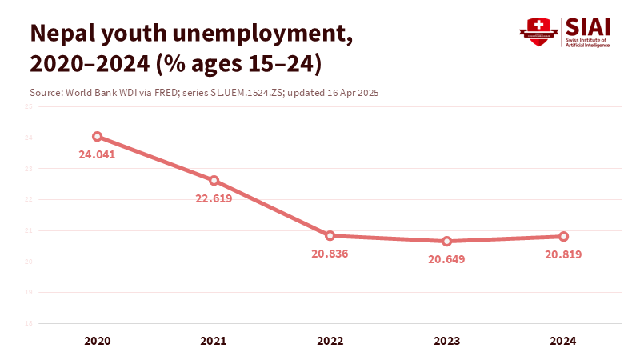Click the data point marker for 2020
(97, 137)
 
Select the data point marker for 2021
(214, 181)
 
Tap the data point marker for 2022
(330, 236)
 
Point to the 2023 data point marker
(446, 242)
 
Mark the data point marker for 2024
(563, 237)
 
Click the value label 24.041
(97, 155)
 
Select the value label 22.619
(214, 198)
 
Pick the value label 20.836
(330, 254)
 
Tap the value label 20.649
(446, 259)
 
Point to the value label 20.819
(563, 254)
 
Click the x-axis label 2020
(97, 341)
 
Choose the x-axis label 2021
(214, 341)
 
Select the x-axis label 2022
(330, 341)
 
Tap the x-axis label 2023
(446, 341)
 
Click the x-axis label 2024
(563, 341)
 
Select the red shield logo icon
(538, 33)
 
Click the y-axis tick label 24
(28, 138)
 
